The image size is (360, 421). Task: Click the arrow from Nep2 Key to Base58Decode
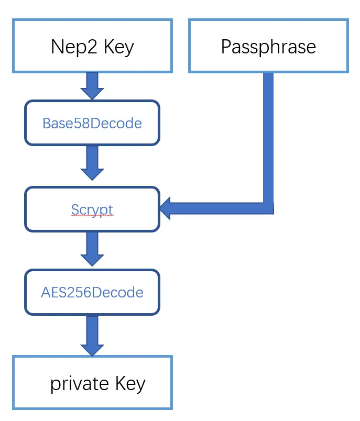pyautogui.click(x=92, y=86)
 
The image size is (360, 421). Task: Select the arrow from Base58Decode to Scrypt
pyautogui.click(x=92, y=163)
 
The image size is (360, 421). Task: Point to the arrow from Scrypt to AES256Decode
pyautogui.click(x=92, y=249)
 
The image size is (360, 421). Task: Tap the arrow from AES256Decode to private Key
pyautogui.click(x=92, y=335)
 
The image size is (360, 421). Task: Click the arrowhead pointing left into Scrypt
pyautogui.click(x=169, y=208)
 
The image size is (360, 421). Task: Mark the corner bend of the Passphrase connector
pyautogui.click(x=268, y=208)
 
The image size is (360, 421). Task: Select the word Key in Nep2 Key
pyautogui.click(x=119, y=47)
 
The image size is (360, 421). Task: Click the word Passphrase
pyautogui.click(x=268, y=47)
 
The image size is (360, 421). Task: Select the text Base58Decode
pyautogui.click(x=92, y=124)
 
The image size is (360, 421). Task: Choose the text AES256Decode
pyautogui.click(x=92, y=292)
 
